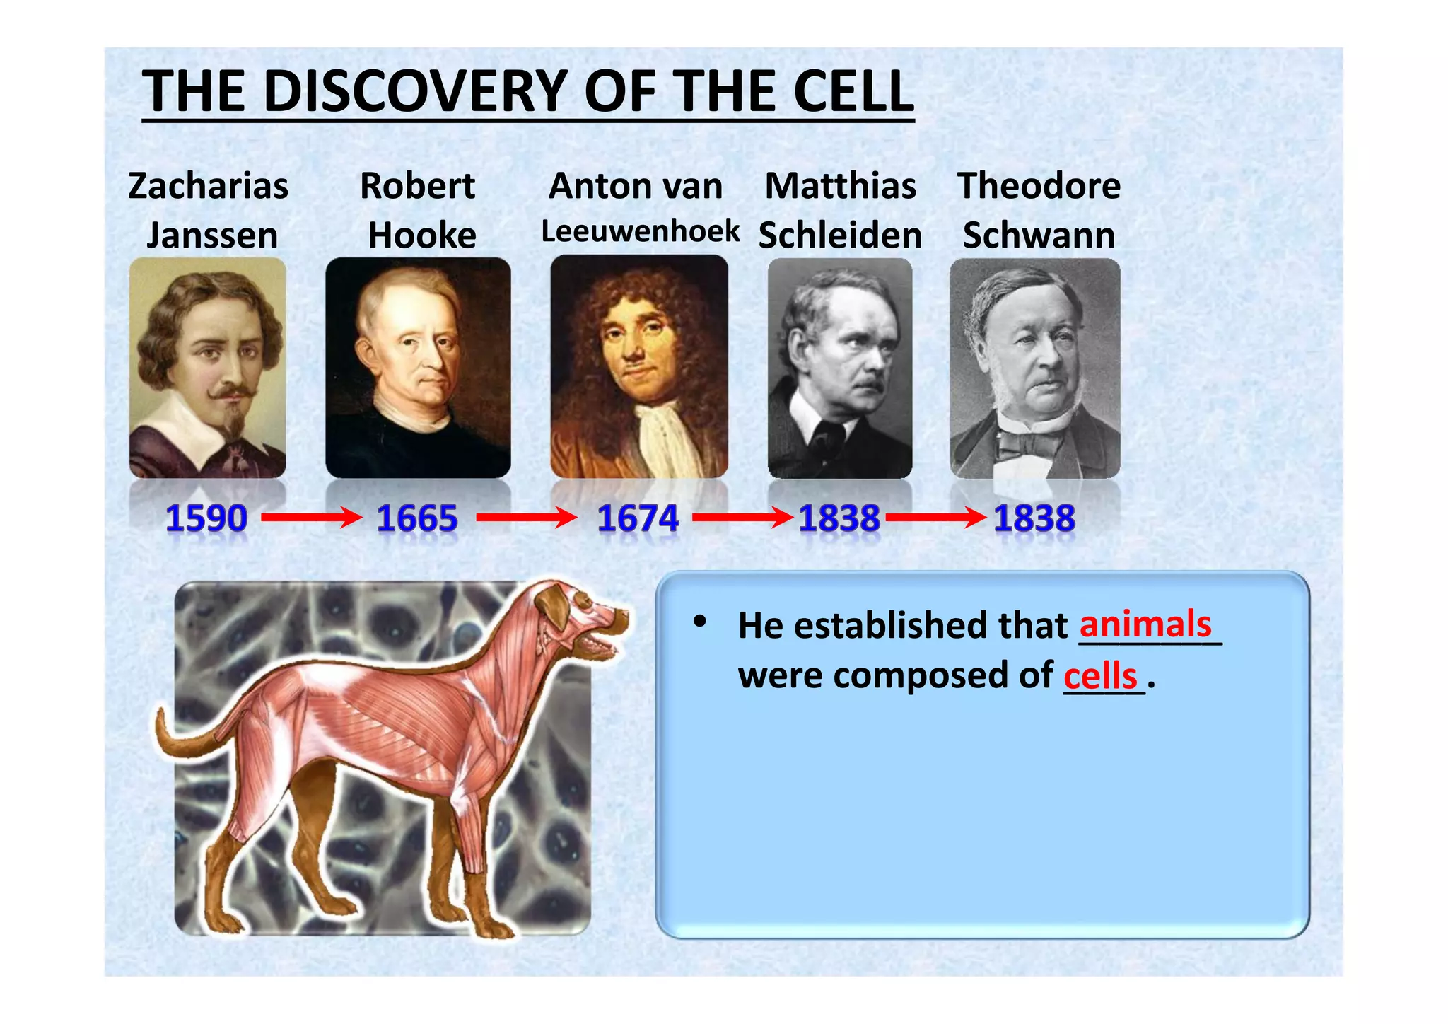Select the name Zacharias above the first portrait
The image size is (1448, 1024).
[x=208, y=186]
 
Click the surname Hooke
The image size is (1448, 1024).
[x=422, y=235]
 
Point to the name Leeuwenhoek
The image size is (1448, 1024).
[x=640, y=231]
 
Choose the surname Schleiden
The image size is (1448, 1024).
[x=840, y=235]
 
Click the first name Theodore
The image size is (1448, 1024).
[x=1039, y=186]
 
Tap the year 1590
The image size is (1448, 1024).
[x=206, y=518]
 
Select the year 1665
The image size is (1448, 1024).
[x=417, y=518]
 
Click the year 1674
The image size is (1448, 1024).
[x=638, y=518]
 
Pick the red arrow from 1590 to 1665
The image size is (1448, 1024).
[x=311, y=518]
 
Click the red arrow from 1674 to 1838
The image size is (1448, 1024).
[x=742, y=518]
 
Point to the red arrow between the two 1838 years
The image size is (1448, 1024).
[x=935, y=518]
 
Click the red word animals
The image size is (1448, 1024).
[x=1145, y=624]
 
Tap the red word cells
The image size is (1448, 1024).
[x=1100, y=676]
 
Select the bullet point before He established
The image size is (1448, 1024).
[x=700, y=622]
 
